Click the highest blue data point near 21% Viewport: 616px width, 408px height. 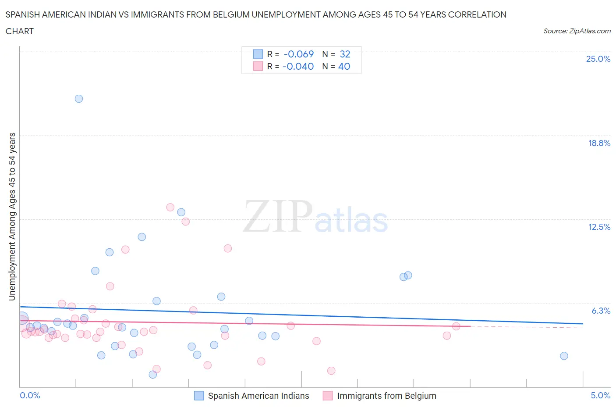point(79,99)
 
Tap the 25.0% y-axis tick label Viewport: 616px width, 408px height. point(598,59)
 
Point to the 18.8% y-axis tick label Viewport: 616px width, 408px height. point(599,143)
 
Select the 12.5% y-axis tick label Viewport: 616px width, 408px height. point(599,227)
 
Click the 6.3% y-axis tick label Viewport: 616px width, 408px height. point(601,311)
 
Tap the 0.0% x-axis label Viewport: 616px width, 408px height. point(30,395)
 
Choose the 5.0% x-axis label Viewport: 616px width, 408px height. point(600,395)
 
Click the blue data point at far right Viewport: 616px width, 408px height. point(564,356)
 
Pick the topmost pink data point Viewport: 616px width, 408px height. point(170,208)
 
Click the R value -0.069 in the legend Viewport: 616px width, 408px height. point(299,54)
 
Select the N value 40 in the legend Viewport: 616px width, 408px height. point(344,66)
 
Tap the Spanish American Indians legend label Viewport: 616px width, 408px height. point(258,396)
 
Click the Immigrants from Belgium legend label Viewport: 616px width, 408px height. point(386,396)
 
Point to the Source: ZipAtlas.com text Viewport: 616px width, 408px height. point(577,31)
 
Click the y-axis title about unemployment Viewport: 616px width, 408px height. point(12,216)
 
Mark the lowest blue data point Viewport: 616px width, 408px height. point(153,374)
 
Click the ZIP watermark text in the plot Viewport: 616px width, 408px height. point(278,216)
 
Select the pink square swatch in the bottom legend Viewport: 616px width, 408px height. point(328,396)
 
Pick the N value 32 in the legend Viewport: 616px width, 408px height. point(345,54)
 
